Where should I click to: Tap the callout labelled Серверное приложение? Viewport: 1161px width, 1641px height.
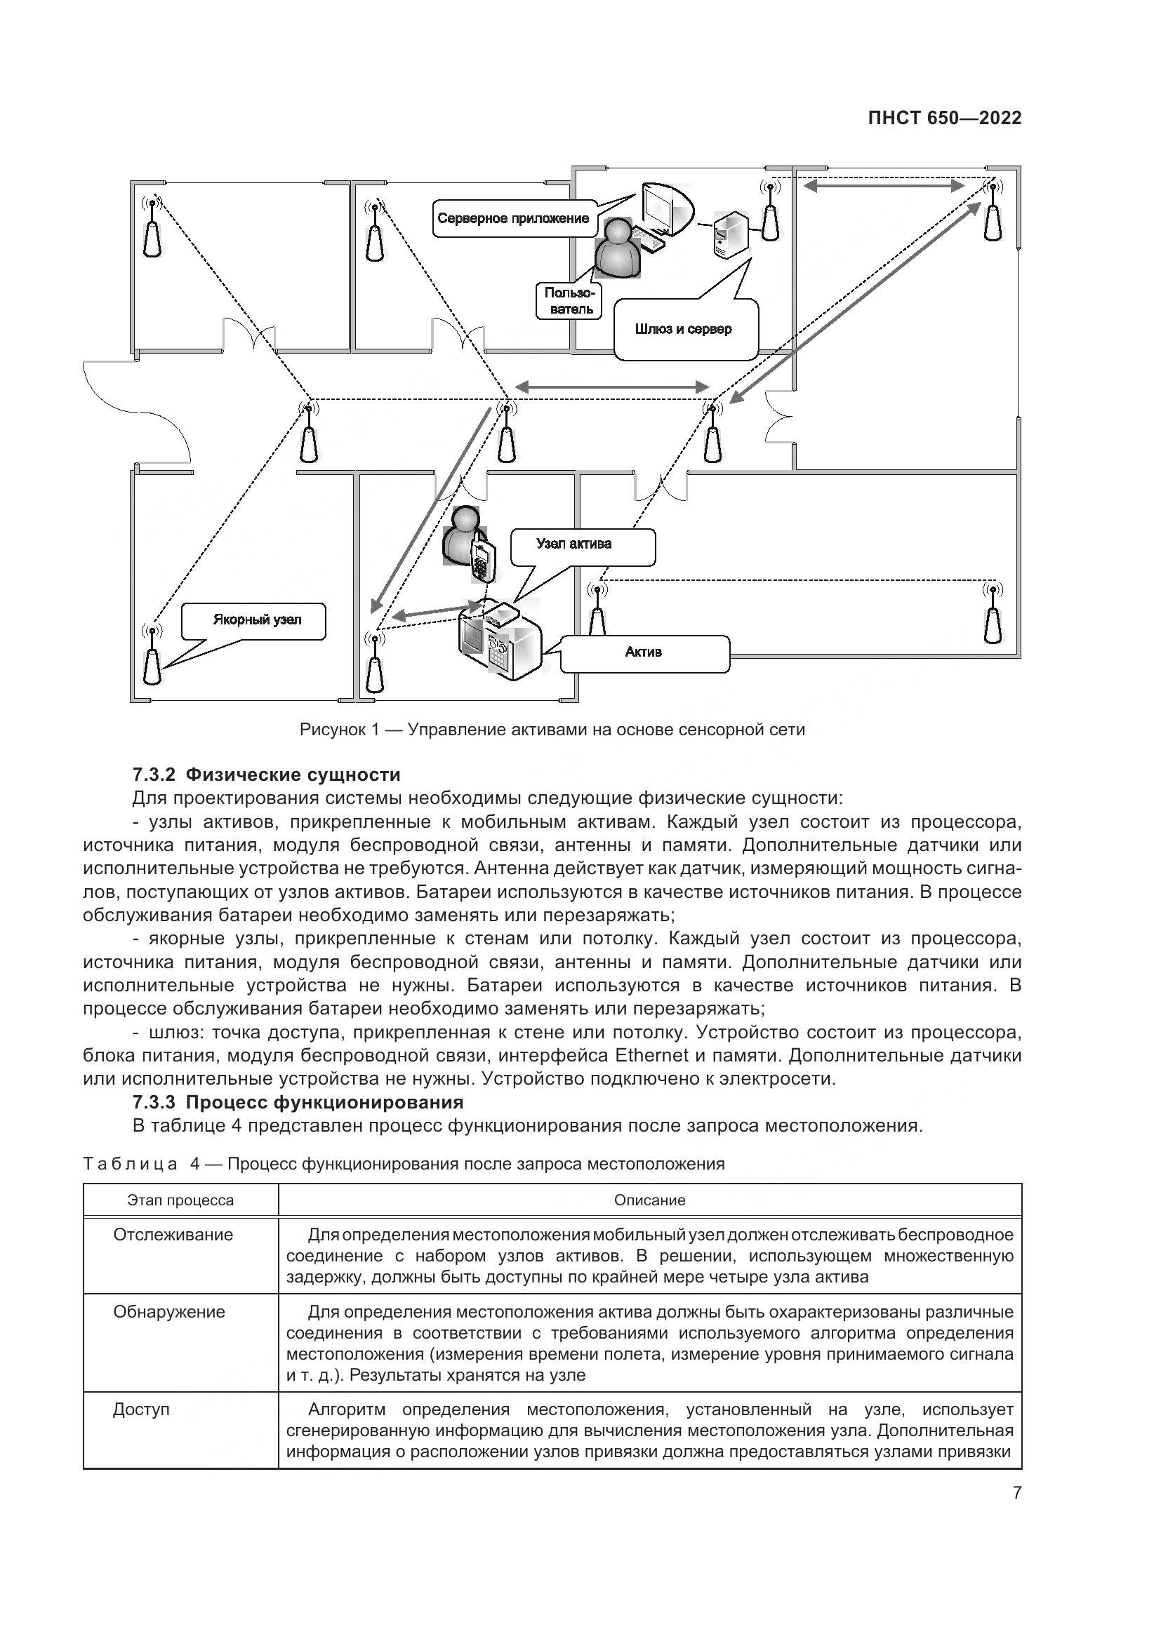pos(512,219)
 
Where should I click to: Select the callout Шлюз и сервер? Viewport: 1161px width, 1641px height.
pos(683,330)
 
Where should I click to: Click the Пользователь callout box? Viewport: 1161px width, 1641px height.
pos(568,300)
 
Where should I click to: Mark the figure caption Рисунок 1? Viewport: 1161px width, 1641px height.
pos(552,730)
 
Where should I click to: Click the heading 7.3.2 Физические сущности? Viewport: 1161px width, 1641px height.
pos(266,775)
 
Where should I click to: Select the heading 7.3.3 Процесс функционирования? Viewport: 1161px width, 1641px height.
pos(298,1101)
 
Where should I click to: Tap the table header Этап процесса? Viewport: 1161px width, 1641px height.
pos(180,1200)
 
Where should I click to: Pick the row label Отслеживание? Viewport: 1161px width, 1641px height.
pos(173,1235)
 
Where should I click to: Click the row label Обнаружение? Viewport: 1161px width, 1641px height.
pos(168,1311)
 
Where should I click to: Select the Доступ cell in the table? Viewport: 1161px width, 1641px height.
pos(142,1409)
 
